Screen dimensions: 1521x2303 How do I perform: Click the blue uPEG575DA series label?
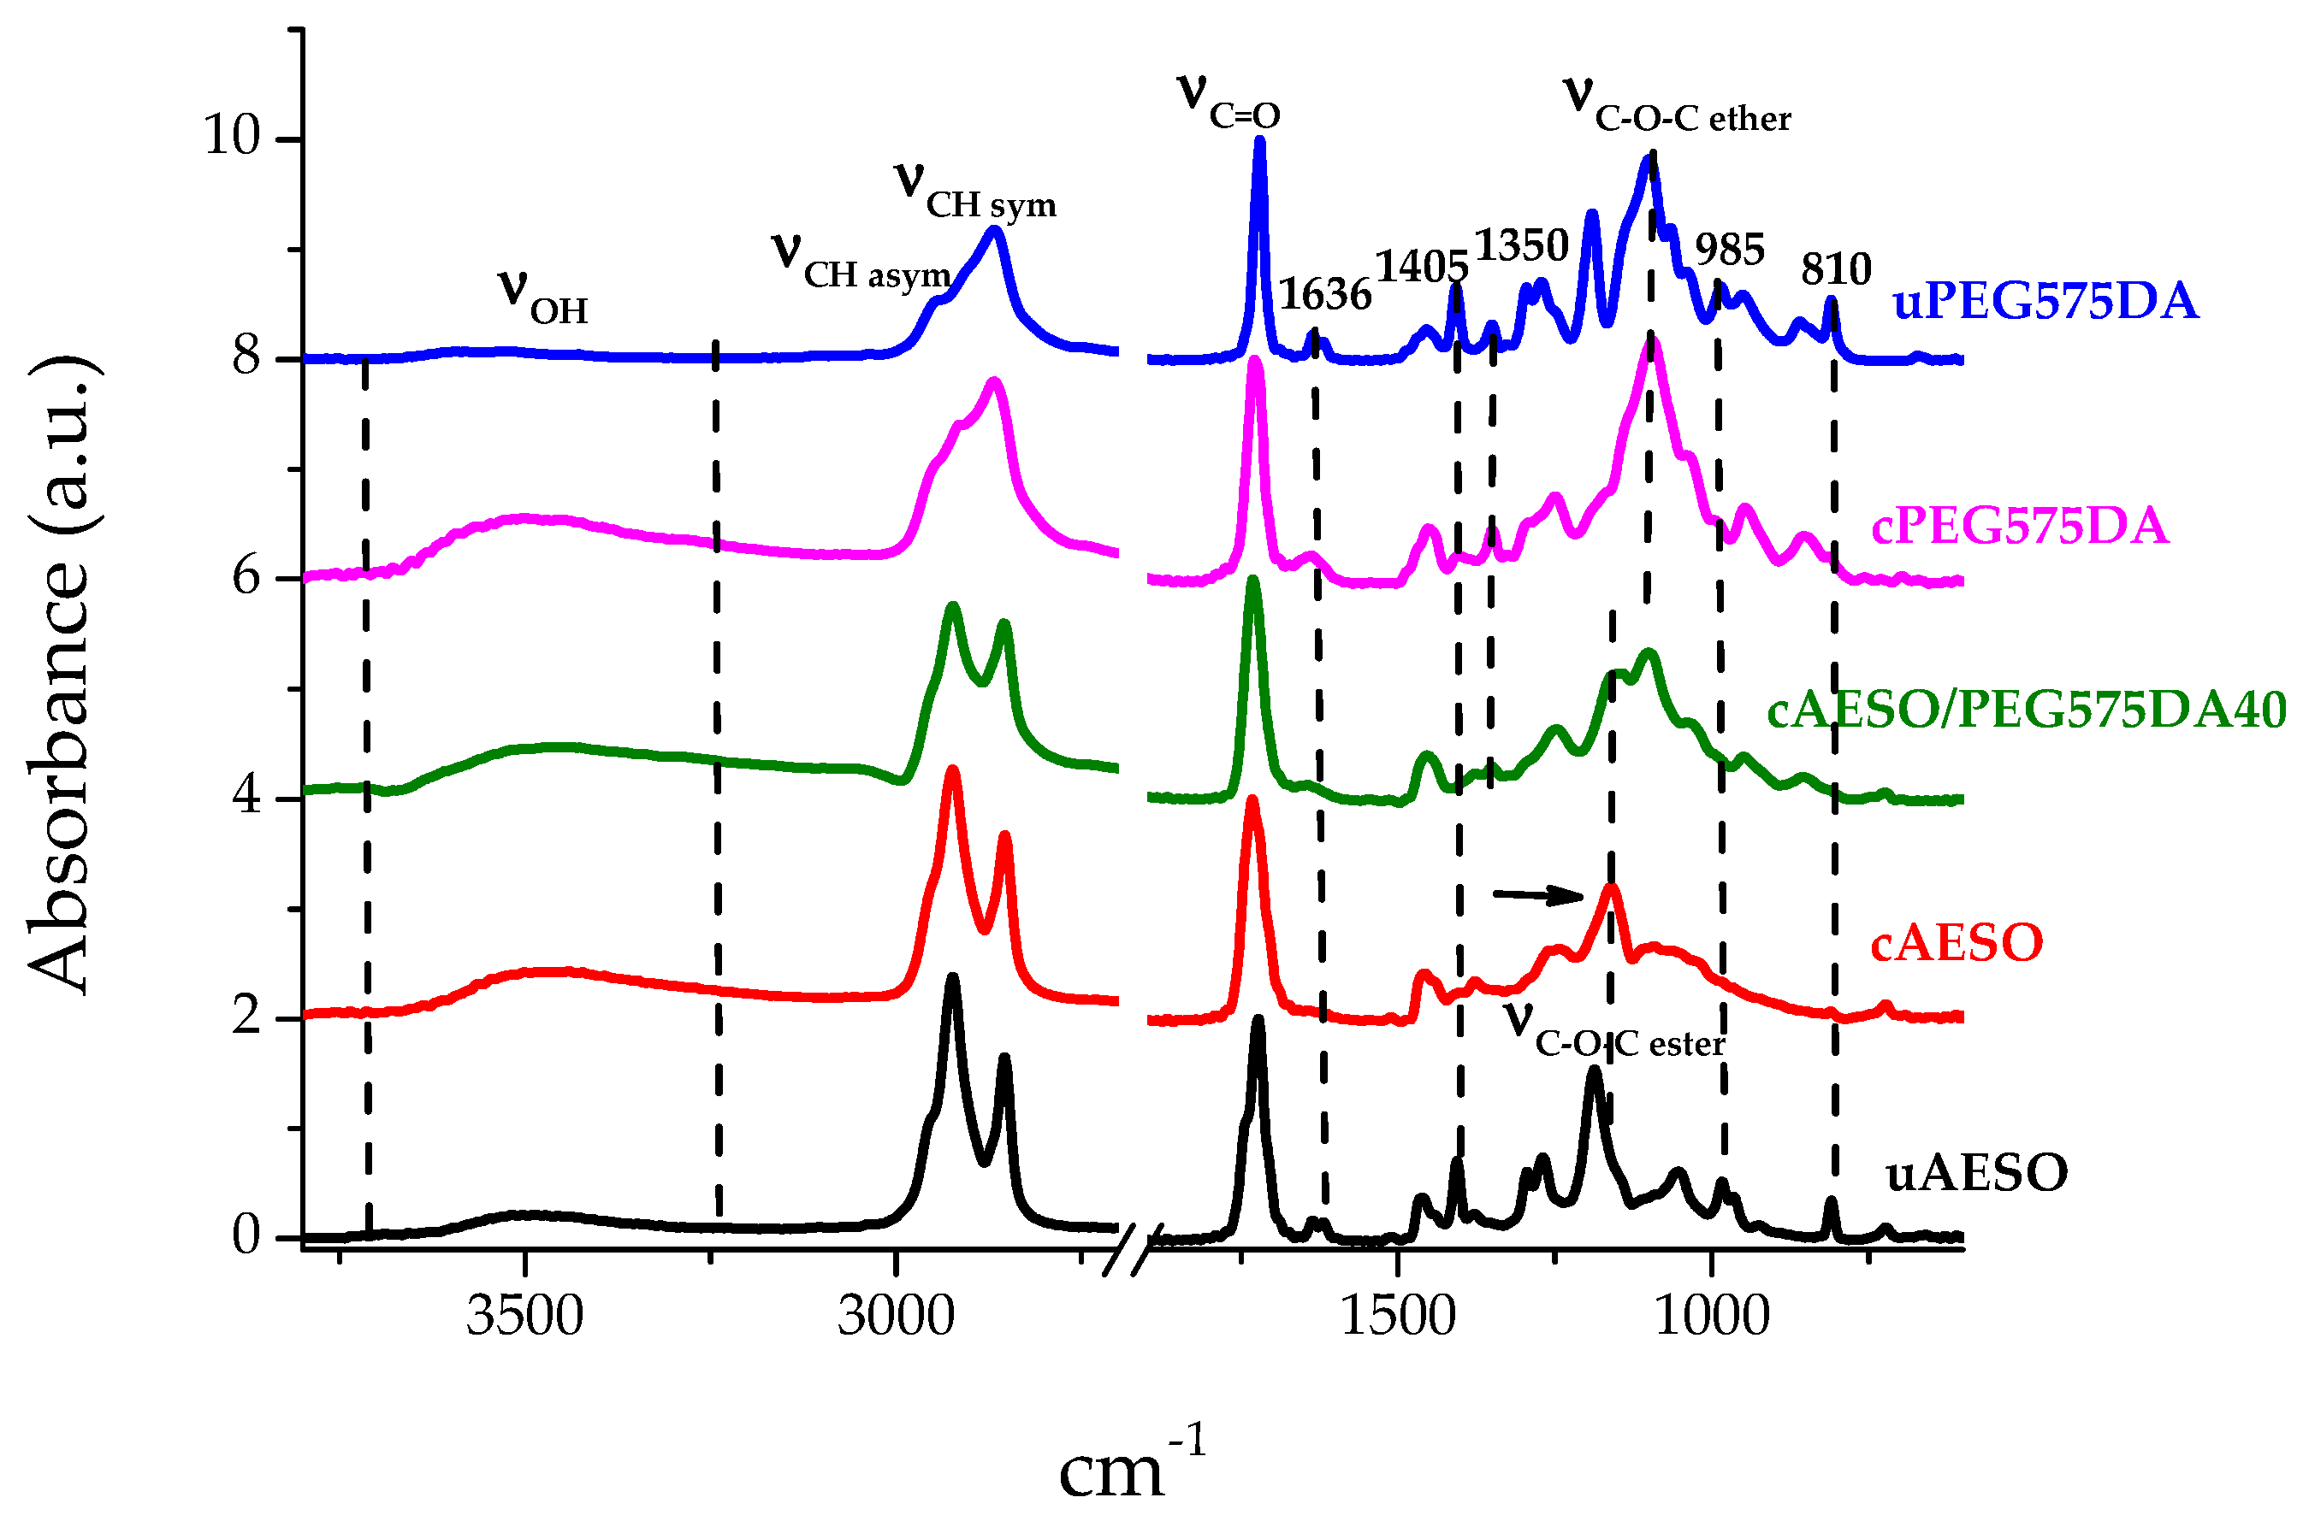[x=2044, y=302]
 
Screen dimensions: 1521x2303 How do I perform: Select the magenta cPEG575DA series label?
[x=2019, y=527]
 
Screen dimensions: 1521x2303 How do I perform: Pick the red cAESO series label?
[x=1957, y=944]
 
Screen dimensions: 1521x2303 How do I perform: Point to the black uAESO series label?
[x=1976, y=1174]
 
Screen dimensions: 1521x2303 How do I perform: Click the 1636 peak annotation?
[x=1323, y=294]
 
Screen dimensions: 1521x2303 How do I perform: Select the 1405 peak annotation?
[x=1422, y=266]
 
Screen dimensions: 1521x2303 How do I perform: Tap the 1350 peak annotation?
[x=1521, y=245]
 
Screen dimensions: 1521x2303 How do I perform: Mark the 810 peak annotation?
[x=1835, y=268]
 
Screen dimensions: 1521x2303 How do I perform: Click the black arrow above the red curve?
[x=1537, y=894]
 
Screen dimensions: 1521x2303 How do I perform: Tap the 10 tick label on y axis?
[x=232, y=135]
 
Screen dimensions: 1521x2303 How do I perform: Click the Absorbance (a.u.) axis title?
[x=60, y=676]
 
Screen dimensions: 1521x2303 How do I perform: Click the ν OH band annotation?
[x=542, y=297]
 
